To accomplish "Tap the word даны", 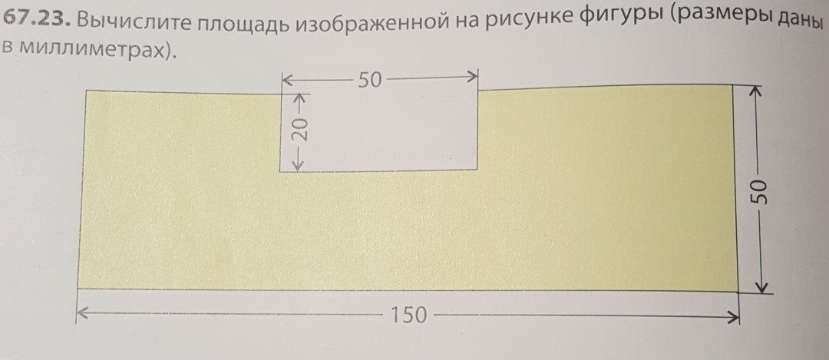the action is click(799, 26).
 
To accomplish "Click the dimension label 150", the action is click(408, 315).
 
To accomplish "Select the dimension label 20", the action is click(300, 129).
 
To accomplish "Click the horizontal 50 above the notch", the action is click(369, 79).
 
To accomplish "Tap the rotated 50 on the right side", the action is click(760, 191).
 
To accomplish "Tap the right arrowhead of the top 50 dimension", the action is click(474, 77).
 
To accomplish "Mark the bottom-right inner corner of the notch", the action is click(478, 170).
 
